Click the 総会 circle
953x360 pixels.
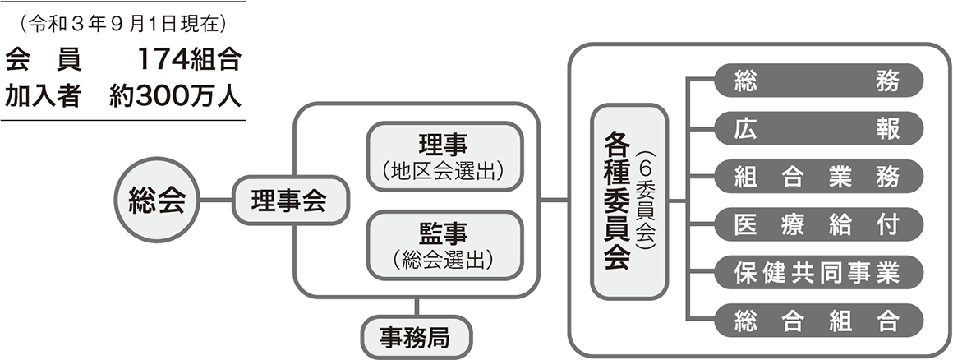pyautogui.click(x=158, y=200)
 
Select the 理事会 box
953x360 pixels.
pyautogui.click(x=290, y=200)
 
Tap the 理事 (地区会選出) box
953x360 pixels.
pyautogui.click(x=445, y=157)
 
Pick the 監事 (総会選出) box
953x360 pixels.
pyautogui.click(x=445, y=245)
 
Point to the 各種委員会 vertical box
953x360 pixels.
pyautogui.click(x=630, y=201)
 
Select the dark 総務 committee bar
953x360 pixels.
pyautogui.click(x=818, y=81)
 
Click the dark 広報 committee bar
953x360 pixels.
pyautogui.click(x=818, y=128)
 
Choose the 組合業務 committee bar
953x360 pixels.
pyautogui.click(x=818, y=177)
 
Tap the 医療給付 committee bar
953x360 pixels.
pyautogui.click(x=818, y=224)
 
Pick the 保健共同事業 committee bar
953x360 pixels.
pyautogui.click(x=818, y=272)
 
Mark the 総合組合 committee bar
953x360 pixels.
pyautogui.click(x=818, y=321)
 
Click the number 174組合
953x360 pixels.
pyautogui.click(x=189, y=60)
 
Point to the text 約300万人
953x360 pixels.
pyautogui.click(x=176, y=96)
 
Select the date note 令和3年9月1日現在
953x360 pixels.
pyautogui.click(x=122, y=24)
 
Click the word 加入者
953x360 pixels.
pyautogui.click(x=43, y=96)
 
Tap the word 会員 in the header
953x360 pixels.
pyautogui.click(x=43, y=60)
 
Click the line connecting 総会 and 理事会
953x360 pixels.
pyautogui.click(x=216, y=200)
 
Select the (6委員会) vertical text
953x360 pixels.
pyautogui.click(x=646, y=201)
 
